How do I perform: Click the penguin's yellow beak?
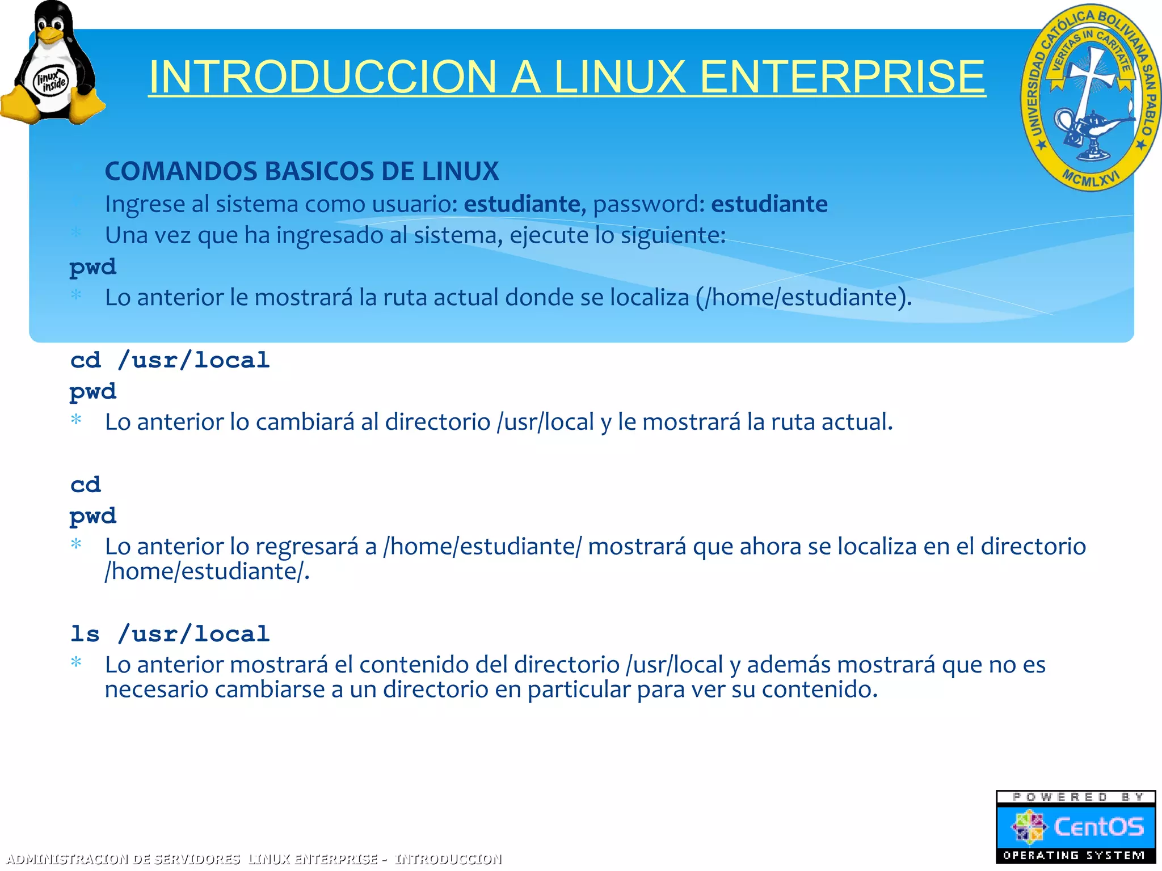point(50,35)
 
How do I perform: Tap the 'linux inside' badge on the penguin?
point(51,81)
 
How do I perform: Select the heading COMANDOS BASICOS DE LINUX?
point(302,171)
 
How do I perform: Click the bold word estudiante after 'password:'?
point(769,204)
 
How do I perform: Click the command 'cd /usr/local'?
point(170,361)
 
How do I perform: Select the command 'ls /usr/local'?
point(170,634)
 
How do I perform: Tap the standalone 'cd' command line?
point(86,485)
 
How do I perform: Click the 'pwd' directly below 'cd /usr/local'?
point(92,392)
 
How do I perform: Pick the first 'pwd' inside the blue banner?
point(92,267)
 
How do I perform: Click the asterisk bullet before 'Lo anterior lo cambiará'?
point(76,420)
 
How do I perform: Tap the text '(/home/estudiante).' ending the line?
point(803,298)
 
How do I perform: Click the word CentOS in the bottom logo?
point(1098,827)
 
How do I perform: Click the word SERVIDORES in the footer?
point(197,859)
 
